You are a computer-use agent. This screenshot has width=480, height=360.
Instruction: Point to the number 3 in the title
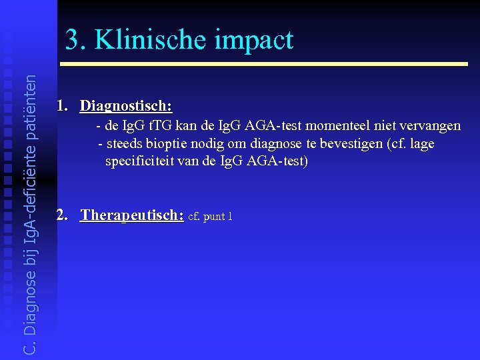[73, 40]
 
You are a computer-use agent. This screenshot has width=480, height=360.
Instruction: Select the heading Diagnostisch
[126, 106]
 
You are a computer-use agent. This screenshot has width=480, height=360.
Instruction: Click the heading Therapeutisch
[132, 215]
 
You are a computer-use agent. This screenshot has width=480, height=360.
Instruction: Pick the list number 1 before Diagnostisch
[62, 106]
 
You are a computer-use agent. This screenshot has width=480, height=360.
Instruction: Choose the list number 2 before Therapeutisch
[62, 215]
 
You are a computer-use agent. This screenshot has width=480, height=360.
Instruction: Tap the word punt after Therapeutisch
[215, 217]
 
